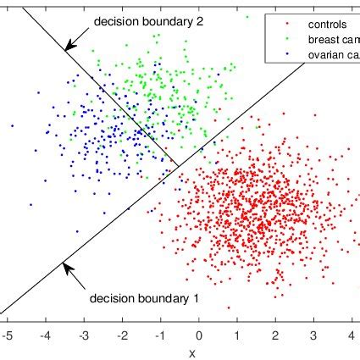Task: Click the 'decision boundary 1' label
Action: (144, 297)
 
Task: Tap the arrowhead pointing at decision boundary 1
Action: (63, 268)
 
